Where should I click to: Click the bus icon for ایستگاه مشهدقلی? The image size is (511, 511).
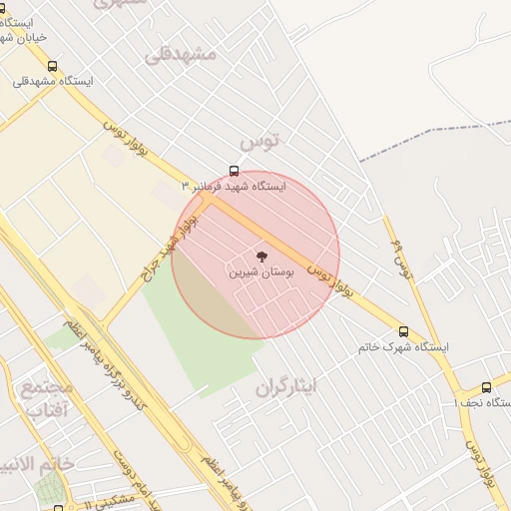pyautogui.click(x=52, y=66)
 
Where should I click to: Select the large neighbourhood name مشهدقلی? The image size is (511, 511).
pyautogui.click(x=180, y=53)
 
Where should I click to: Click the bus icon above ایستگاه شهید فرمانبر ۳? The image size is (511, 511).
pyautogui.click(x=235, y=171)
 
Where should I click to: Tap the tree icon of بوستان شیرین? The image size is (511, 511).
pyautogui.click(x=262, y=256)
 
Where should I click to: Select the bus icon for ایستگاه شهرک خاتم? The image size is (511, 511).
pyautogui.click(x=403, y=331)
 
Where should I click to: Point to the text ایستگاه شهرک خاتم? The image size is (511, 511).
pyautogui.click(x=403, y=347)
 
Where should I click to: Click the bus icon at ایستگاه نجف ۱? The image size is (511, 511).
pyautogui.click(x=486, y=387)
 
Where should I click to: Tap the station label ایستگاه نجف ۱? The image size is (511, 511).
pyautogui.click(x=481, y=402)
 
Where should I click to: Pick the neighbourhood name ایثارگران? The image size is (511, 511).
pyautogui.click(x=284, y=386)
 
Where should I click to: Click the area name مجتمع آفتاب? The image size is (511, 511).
pyautogui.click(x=46, y=398)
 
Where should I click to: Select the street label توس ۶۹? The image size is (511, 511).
pyautogui.click(x=401, y=258)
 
